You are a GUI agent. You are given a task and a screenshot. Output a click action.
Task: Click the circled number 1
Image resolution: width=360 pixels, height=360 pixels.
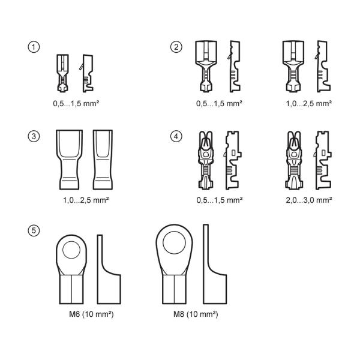(x=34, y=47)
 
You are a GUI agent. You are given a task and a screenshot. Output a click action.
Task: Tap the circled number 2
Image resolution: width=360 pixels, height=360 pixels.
(x=176, y=47)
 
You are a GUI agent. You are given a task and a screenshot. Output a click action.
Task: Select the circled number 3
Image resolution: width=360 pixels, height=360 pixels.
(x=34, y=136)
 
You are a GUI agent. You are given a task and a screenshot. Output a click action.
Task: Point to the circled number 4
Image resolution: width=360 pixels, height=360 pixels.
(x=176, y=136)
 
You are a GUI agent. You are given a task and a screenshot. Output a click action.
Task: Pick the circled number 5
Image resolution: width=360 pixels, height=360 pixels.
(x=34, y=230)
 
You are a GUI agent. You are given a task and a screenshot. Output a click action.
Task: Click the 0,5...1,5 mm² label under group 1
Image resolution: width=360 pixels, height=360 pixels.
(x=76, y=104)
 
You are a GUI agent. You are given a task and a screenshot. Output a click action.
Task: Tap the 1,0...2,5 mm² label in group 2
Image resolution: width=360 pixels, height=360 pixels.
(x=309, y=104)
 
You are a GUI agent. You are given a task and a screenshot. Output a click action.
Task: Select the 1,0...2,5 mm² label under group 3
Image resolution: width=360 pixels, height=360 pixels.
(x=86, y=200)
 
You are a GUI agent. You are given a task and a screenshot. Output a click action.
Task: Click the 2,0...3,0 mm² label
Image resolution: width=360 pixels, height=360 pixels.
(x=309, y=200)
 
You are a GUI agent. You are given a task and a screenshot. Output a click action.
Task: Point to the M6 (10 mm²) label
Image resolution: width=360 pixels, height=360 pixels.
(x=91, y=314)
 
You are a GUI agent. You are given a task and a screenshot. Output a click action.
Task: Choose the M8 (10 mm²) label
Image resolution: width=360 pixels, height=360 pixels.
(x=196, y=314)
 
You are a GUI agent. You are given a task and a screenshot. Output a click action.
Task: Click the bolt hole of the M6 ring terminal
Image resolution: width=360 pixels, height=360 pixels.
(x=71, y=250)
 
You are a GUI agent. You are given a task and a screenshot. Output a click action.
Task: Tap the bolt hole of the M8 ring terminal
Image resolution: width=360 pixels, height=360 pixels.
(x=174, y=242)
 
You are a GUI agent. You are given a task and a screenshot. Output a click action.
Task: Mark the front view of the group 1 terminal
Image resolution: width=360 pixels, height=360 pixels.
(x=62, y=73)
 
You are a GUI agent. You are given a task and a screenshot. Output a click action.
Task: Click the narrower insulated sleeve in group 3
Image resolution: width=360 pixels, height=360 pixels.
(x=103, y=160)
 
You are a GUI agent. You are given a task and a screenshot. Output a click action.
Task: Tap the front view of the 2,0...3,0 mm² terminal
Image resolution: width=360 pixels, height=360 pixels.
(x=293, y=160)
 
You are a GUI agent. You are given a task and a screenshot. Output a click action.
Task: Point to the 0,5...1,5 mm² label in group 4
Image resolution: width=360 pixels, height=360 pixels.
(x=220, y=200)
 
